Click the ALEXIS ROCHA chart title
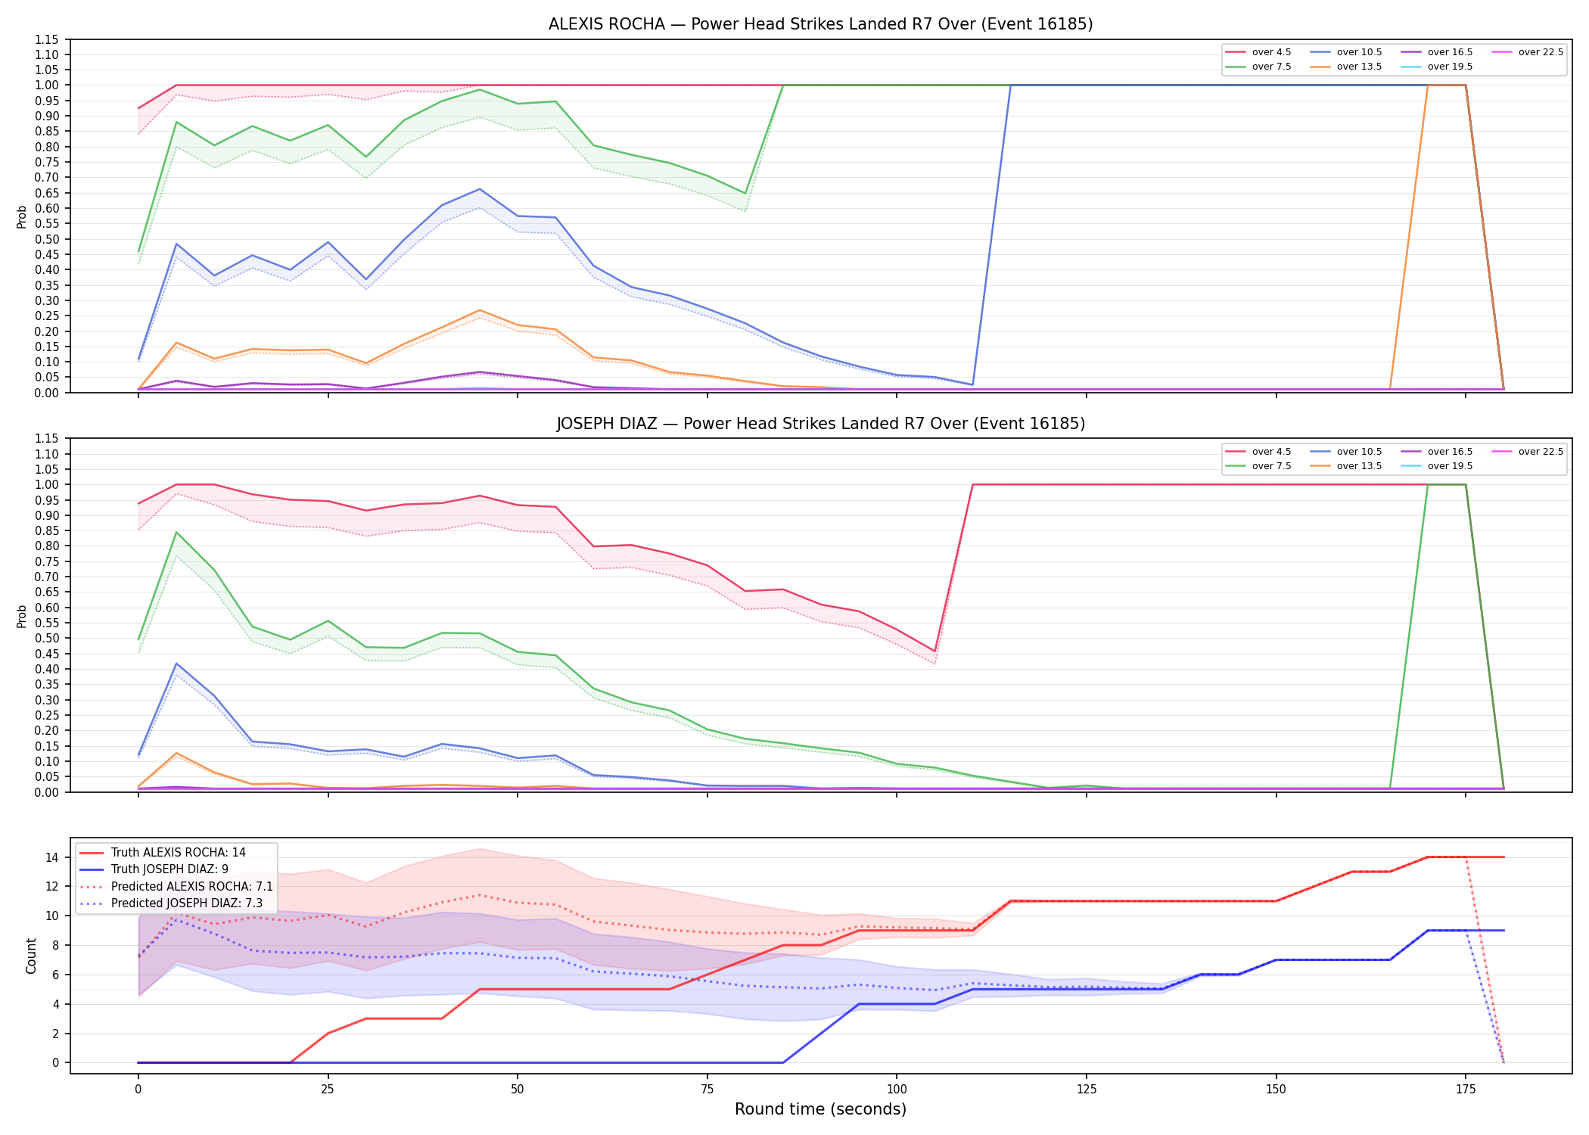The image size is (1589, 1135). point(820,24)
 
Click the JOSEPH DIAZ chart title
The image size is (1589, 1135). point(820,424)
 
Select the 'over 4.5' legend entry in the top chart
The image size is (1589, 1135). point(1258,52)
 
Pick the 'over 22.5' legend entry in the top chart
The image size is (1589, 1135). point(1528,52)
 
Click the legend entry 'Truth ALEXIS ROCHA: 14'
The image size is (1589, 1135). point(163,853)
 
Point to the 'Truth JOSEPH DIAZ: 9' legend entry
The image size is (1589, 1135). point(154,869)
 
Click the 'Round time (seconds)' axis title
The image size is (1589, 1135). point(820,1109)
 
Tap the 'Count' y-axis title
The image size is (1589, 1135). point(31,956)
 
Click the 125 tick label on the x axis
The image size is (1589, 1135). point(1086,1090)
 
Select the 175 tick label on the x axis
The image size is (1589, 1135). point(1466,1090)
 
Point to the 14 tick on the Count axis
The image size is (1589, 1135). point(52,857)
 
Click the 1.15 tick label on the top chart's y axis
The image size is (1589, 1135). point(47,39)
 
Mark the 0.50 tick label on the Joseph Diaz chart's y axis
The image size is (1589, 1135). point(47,638)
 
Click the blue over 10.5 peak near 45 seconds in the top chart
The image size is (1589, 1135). point(479,189)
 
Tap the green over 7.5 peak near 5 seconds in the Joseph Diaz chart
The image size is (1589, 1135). point(176,532)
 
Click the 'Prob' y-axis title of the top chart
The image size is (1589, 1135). point(22,216)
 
